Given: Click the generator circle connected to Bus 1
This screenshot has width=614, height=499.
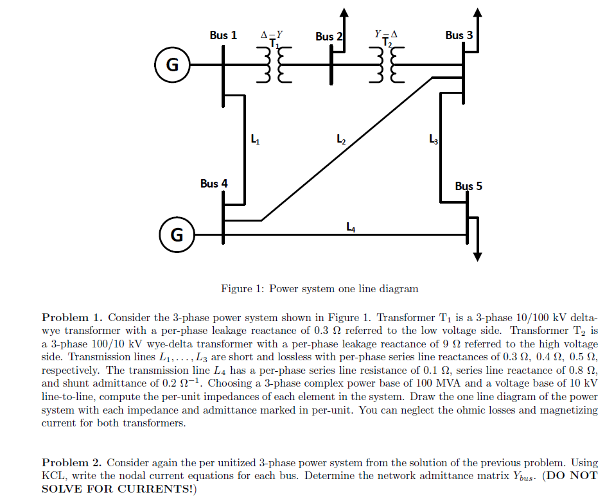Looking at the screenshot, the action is [x=171, y=65].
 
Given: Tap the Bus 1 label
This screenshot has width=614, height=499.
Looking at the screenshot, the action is [x=223, y=35].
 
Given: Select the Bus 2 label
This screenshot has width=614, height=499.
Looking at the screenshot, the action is [x=329, y=37].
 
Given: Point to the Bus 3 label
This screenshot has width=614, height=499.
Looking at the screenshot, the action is [x=459, y=35].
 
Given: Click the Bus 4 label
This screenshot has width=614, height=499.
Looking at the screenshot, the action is [x=213, y=184].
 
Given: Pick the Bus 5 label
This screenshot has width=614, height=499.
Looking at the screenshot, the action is [x=468, y=186].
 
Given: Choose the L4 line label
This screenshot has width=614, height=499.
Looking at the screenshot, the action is [x=350, y=226].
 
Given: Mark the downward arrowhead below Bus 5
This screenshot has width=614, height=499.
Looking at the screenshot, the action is [x=477, y=256].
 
